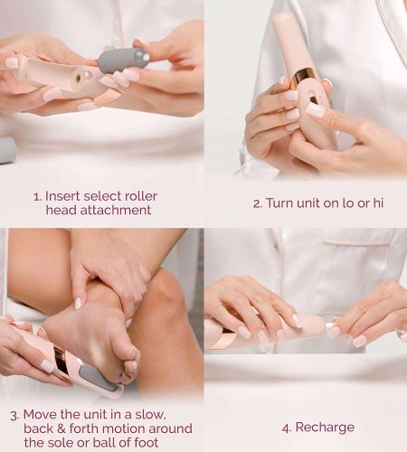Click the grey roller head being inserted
(x=124, y=60)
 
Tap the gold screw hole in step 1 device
(x=78, y=78)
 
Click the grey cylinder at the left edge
(x=7, y=150)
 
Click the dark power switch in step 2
(x=314, y=100)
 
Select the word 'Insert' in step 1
(x=62, y=196)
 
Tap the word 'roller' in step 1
(x=141, y=196)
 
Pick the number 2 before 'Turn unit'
(x=257, y=204)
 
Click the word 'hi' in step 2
(x=378, y=203)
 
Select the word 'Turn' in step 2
(x=279, y=203)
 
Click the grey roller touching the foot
(x=97, y=376)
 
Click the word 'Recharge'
(x=325, y=428)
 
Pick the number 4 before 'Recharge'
(x=287, y=428)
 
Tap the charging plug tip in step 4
(x=330, y=326)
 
